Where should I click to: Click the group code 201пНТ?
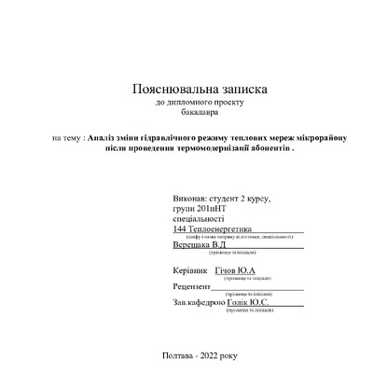tap(210, 211)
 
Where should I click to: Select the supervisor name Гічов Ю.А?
tap(235, 270)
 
